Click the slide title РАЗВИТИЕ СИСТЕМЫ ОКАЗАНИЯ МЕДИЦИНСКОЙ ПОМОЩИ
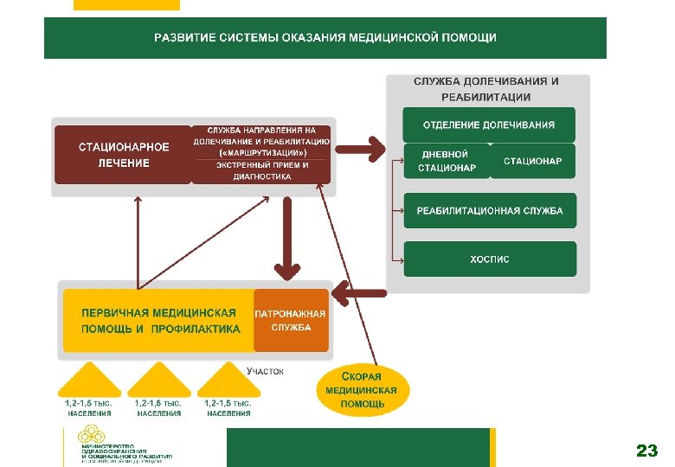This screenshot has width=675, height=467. pyautogui.click(x=325, y=37)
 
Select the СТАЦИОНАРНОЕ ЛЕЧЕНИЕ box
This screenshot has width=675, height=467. pyautogui.click(x=123, y=155)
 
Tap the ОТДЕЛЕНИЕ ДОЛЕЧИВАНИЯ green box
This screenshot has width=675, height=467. pyautogui.click(x=489, y=125)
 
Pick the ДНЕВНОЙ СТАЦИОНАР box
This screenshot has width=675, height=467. pyautogui.click(x=446, y=161)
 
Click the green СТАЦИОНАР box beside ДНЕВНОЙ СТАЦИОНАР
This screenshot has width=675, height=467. pyautogui.click(x=532, y=161)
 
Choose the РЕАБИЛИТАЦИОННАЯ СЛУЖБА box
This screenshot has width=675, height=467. pyautogui.click(x=489, y=210)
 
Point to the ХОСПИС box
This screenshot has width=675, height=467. pyautogui.click(x=489, y=259)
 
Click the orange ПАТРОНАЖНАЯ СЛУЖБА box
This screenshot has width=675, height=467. pyautogui.click(x=291, y=320)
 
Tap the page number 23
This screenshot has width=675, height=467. pyautogui.click(x=646, y=451)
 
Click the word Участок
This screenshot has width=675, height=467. pyautogui.click(x=265, y=371)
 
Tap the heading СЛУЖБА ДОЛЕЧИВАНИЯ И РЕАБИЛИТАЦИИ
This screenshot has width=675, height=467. pyautogui.click(x=485, y=88)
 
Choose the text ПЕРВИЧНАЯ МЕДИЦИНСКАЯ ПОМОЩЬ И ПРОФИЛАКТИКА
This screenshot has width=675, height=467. pyautogui.click(x=159, y=320)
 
